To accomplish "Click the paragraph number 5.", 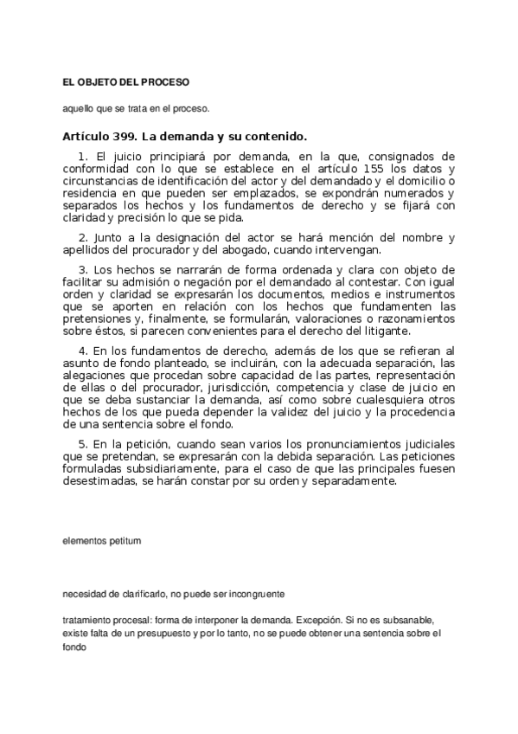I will [x=81, y=443].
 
